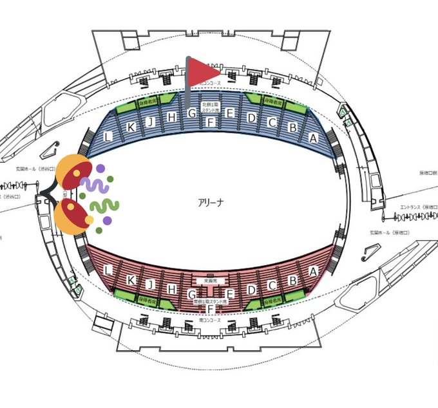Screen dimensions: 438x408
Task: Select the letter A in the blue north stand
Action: tap(314, 137)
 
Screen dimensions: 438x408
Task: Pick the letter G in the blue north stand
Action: tap(191, 114)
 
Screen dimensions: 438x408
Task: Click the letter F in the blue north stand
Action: tap(210, 122)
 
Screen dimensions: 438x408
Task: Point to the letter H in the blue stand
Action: tap(171, 116)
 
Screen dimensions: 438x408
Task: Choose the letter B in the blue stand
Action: tap(292, 127)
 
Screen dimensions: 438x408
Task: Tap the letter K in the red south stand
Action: tap(131, 280)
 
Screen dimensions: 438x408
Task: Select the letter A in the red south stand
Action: tap(313, 271)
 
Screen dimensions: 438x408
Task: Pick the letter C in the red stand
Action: tap(272, 285)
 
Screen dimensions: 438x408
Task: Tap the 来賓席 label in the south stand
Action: tap(210, 281)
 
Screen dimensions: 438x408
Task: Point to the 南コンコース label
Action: tap(210, 320)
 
